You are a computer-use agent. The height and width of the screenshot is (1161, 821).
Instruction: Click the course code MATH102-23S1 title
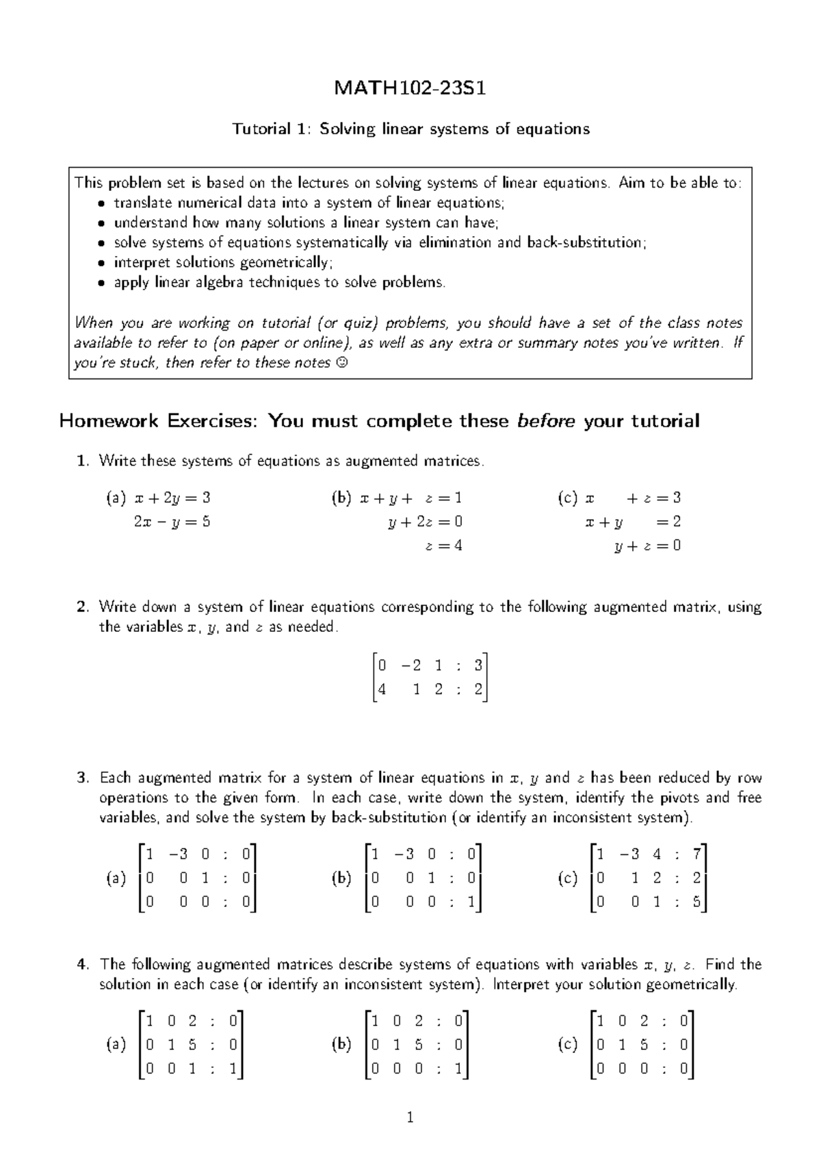pyautogui.click(x=410, y=88)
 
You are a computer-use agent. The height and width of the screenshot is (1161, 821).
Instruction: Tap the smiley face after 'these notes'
pyautogui.click(x=342, y=363)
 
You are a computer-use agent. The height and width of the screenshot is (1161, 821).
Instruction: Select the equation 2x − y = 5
pyautogui.click(x=172, y=522)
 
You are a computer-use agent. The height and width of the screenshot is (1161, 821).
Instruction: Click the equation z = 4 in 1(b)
pyautogui.click(x=443, y=546)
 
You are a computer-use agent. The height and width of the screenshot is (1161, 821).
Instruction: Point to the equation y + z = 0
pyautogui.click(x=647, y=546)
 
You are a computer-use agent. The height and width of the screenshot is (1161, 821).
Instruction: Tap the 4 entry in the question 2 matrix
pyautogui.click(x=382, y=689)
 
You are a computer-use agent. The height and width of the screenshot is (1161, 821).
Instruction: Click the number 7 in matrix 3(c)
pyautogui.click(x=696, y=854)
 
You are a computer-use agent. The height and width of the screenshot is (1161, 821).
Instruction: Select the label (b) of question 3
pyautogui.click(x=341, y=879)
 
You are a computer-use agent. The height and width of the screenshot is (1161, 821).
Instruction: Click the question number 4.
pyautogui.click(x=82, y=965)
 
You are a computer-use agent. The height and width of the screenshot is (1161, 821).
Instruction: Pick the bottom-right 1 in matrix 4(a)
pyautogui.click(x=233, y=1069)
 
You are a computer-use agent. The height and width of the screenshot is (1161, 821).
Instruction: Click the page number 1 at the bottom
pyautogui.click(x=410, y=1119)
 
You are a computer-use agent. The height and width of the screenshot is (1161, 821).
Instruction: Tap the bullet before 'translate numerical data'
pyautogui.click(x=101, y=203)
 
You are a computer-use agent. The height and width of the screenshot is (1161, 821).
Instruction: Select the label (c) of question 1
pyautogui.click(x=568, y=498)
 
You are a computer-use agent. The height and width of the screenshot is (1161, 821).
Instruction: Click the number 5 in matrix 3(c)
pyautogui.click(x=696, y=903)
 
